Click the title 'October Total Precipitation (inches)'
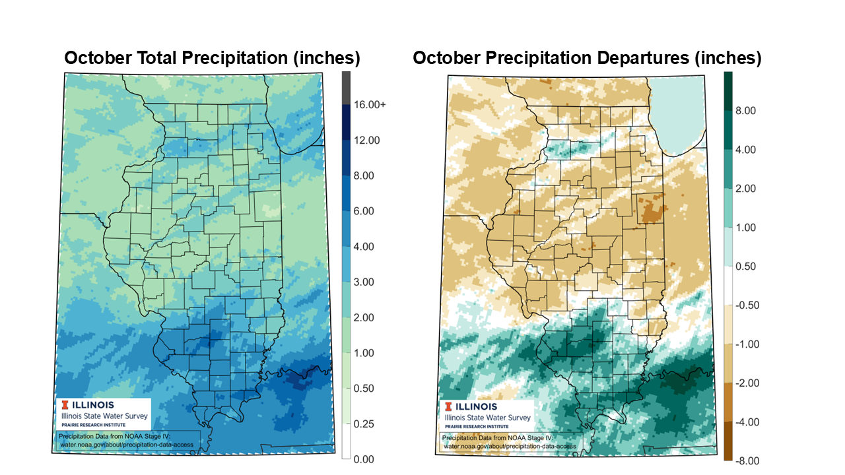click(x=212, y=58)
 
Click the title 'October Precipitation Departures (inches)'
click(x=587, y=58)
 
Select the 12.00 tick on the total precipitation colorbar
click(x=366, y=141)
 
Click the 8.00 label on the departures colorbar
click(x=745, y=111)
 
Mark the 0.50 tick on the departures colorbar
click(x=745, y=267)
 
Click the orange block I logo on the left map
click(x=64, y=404)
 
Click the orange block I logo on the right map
click(x=450, y=406)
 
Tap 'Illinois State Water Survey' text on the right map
click(x=488, y=418)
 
